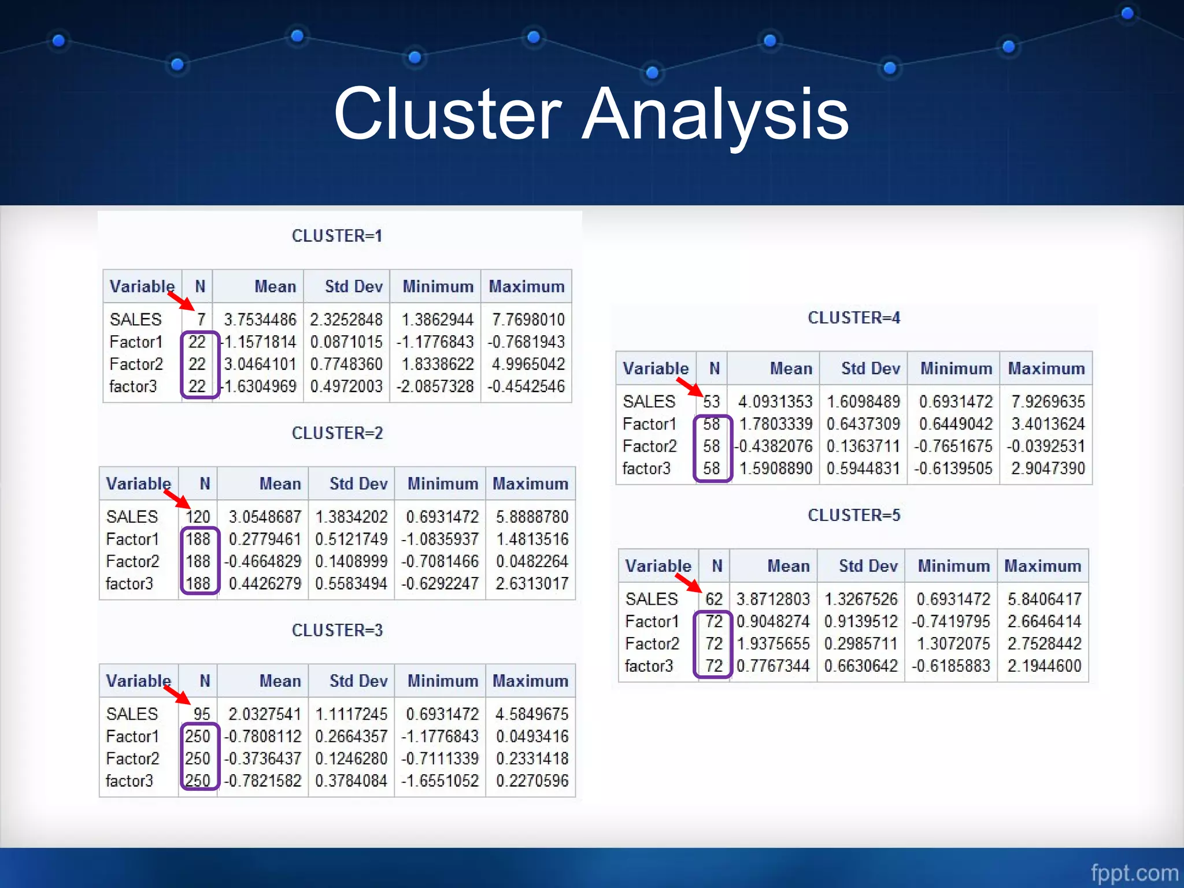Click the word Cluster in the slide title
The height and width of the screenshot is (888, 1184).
tap(448, 114)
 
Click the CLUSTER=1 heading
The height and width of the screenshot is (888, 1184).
tap(337, 236)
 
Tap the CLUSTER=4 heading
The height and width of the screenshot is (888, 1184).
tap(854, 318)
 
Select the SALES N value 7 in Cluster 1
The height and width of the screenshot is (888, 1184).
tap(201, 320)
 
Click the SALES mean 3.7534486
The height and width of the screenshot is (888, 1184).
tap(260, 320)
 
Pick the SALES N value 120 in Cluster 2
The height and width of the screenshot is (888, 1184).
tap(198, 517)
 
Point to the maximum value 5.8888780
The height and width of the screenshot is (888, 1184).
tap(532, 517)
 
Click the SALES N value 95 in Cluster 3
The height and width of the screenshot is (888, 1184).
tap(201, 714)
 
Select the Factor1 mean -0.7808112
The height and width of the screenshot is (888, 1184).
tap(263, 737)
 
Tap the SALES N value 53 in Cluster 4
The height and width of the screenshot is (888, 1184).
tap(711, 402)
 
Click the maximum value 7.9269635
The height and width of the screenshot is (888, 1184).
tap(1048, 402)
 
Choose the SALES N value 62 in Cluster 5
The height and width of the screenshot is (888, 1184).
tap(714, 599)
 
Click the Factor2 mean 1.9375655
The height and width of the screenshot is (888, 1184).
tap(773, 643)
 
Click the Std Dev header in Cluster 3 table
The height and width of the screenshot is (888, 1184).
tap(358, 681)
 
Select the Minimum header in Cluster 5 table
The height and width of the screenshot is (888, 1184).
tap(953, 566)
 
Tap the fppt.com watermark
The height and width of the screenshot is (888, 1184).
tap(1134, 872)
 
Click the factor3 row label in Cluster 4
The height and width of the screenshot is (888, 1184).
tap(646, 468)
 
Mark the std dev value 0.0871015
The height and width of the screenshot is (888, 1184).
tap(346, 342)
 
